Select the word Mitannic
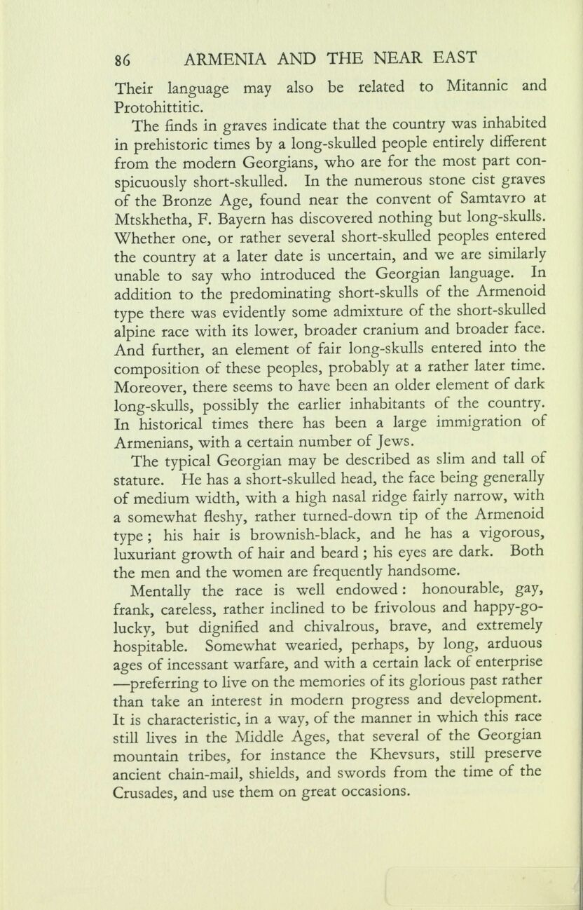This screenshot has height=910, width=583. [477, 88]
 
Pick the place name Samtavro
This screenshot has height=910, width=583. [499, 198]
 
